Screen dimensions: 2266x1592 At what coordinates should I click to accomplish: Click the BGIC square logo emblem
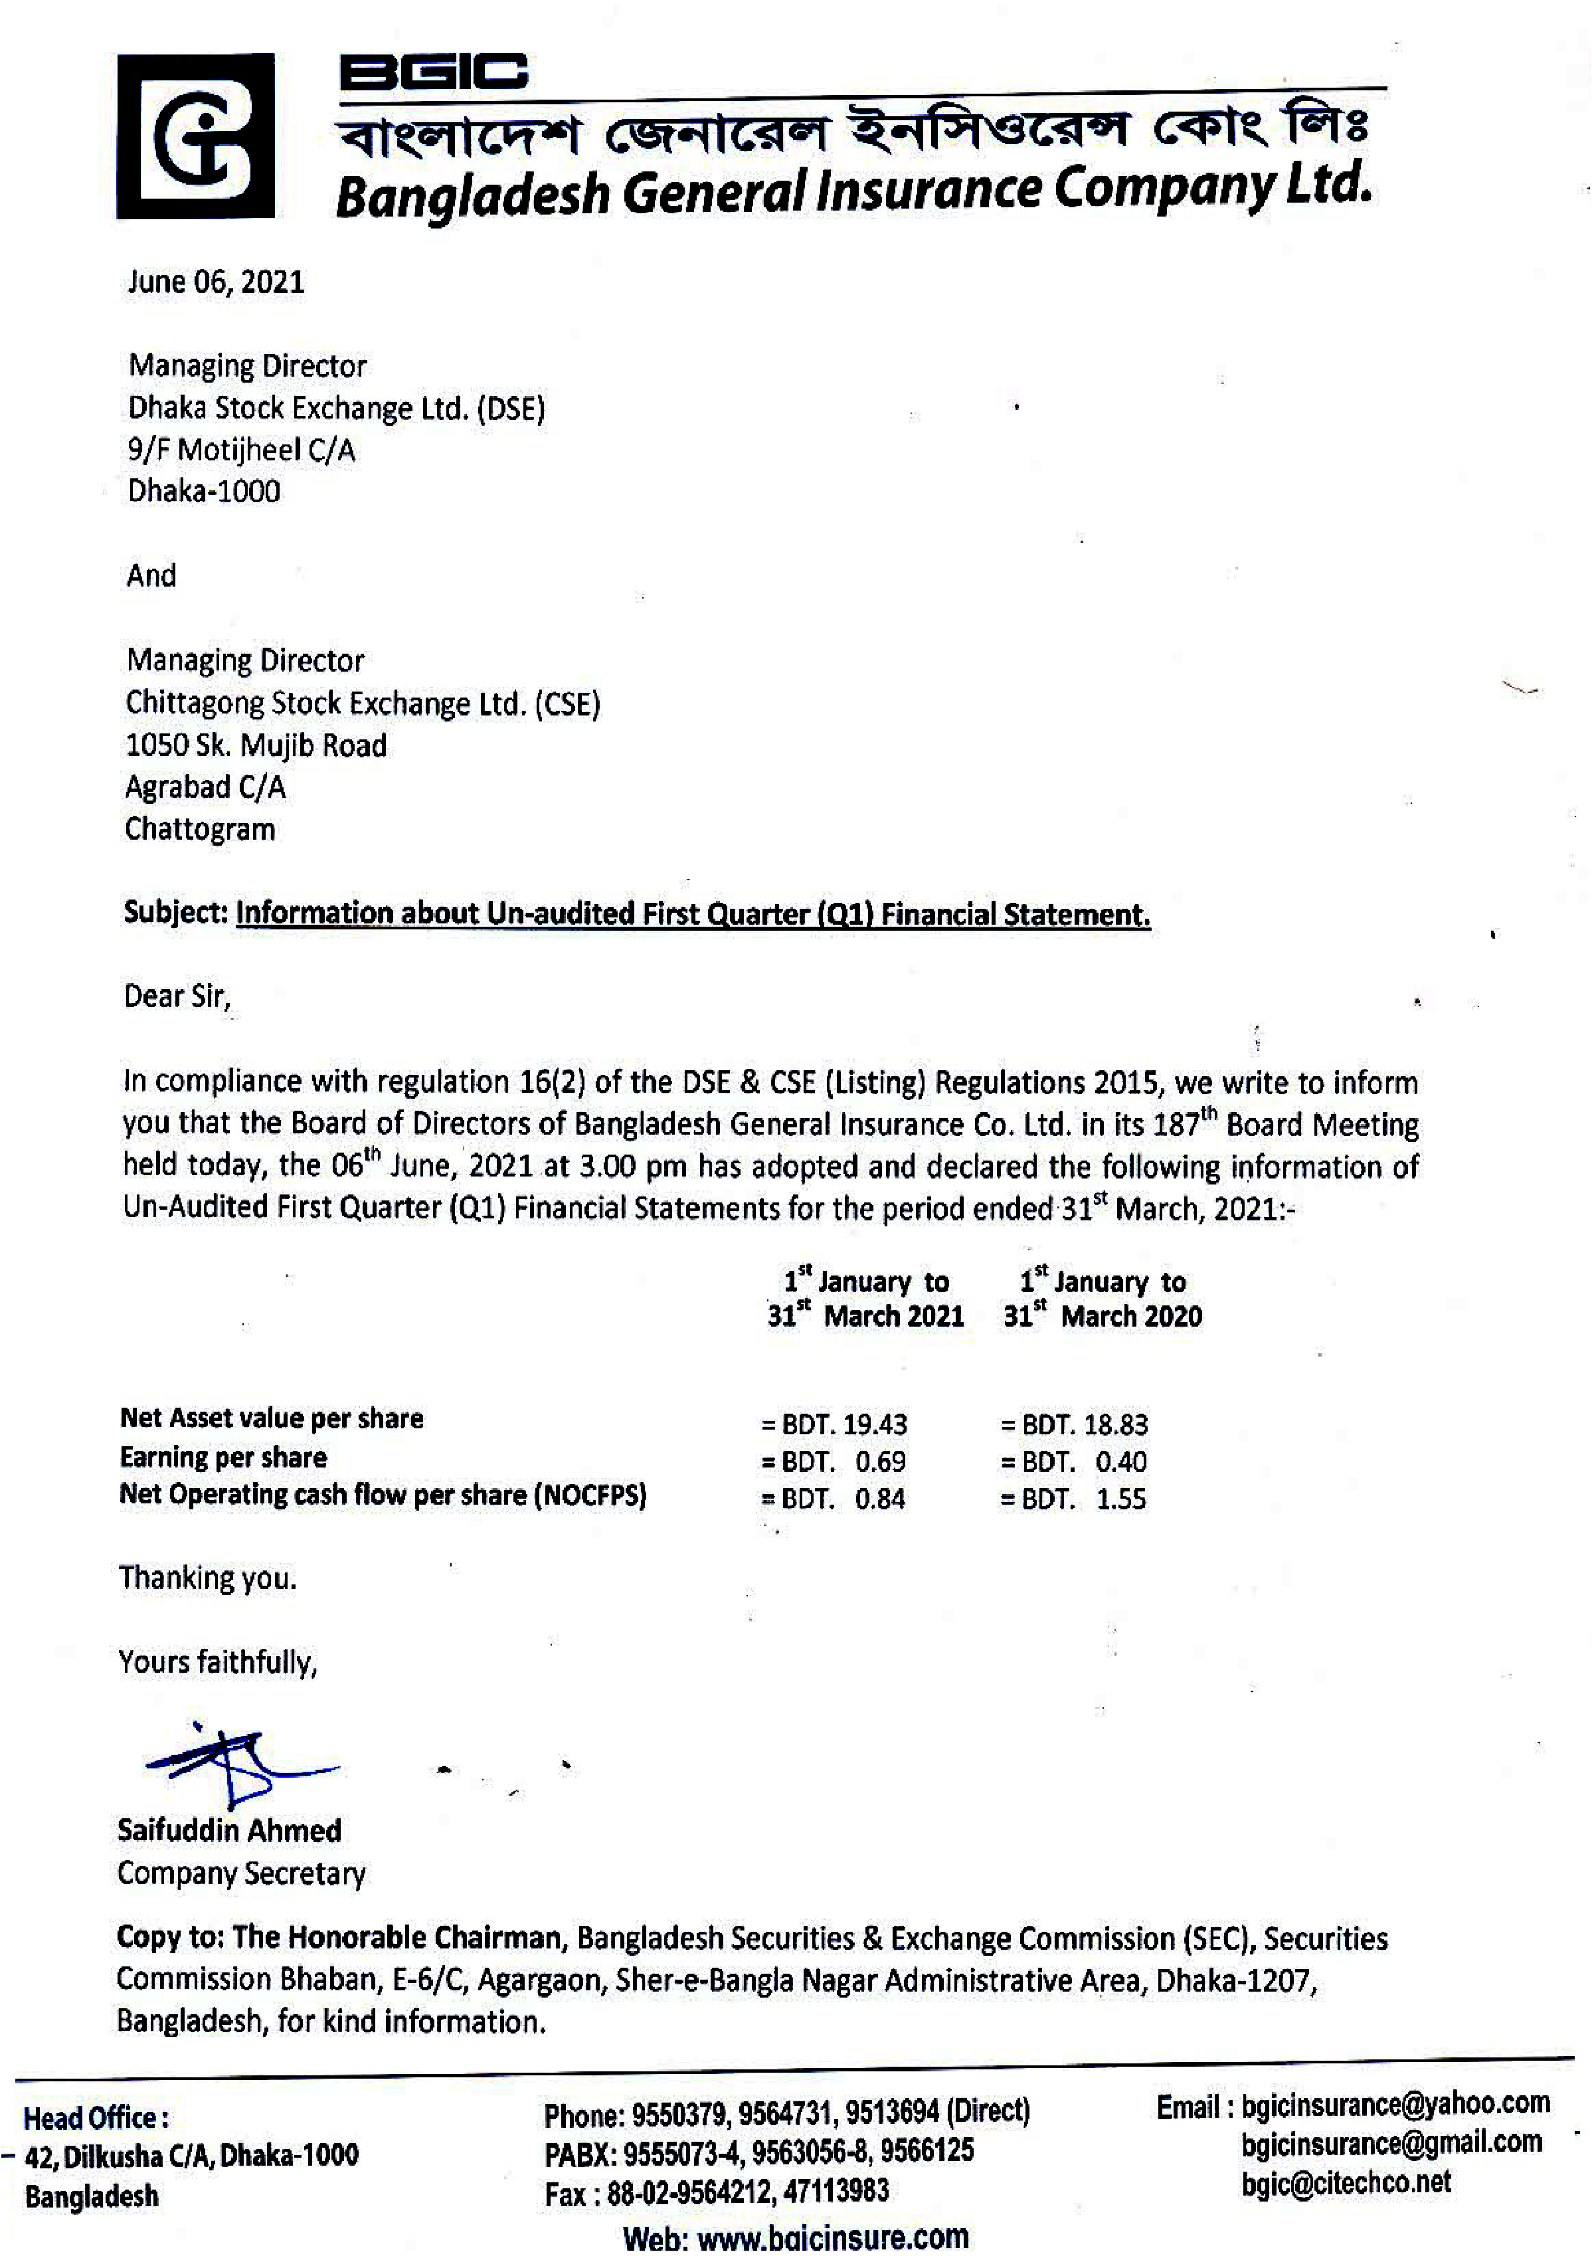(195, 136)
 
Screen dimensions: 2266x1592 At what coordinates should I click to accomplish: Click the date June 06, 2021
(215, 282)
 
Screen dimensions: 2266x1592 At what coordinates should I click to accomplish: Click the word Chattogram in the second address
(199, 829)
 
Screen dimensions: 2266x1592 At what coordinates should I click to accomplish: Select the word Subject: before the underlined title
(176, 913)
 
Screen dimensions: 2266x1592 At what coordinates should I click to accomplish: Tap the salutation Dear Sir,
(177, 996)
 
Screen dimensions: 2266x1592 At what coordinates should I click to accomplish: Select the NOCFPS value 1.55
(1121, 1499)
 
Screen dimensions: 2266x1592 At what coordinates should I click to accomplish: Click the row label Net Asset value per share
(272, 1418)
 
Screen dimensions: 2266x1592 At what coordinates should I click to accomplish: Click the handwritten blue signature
(237, 1766)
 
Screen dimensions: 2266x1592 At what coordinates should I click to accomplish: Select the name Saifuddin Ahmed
(229, 1831)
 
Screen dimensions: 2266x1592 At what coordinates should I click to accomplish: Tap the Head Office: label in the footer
(96, 2118)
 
